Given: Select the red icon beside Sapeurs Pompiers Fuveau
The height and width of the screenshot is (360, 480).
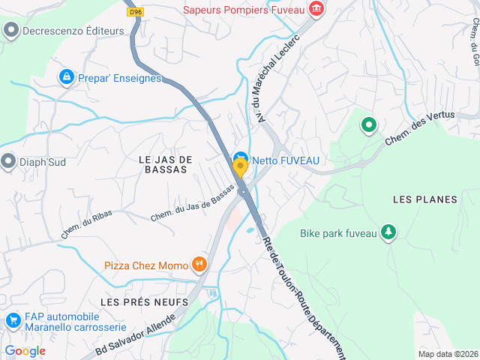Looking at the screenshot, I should (x=317, y=9).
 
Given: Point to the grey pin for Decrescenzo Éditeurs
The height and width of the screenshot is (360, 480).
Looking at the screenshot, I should (x=10, y=31).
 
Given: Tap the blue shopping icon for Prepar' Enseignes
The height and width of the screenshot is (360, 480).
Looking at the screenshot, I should (x=67, y=76).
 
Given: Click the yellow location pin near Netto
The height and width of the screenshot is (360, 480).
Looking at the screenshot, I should (x=240, y=166).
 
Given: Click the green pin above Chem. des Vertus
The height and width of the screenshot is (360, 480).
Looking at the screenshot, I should (x=368, y=125).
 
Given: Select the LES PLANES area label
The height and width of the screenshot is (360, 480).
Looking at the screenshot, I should (x=424, y=199).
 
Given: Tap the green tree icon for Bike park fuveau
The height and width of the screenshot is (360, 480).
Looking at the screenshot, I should (x=388, y=233).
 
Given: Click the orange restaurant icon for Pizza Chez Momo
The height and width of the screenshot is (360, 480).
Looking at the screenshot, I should (x=199, y=264).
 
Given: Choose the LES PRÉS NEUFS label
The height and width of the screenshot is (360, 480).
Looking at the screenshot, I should (x=144, y=301).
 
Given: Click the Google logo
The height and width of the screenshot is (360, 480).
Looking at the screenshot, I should (x=25, y=351).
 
